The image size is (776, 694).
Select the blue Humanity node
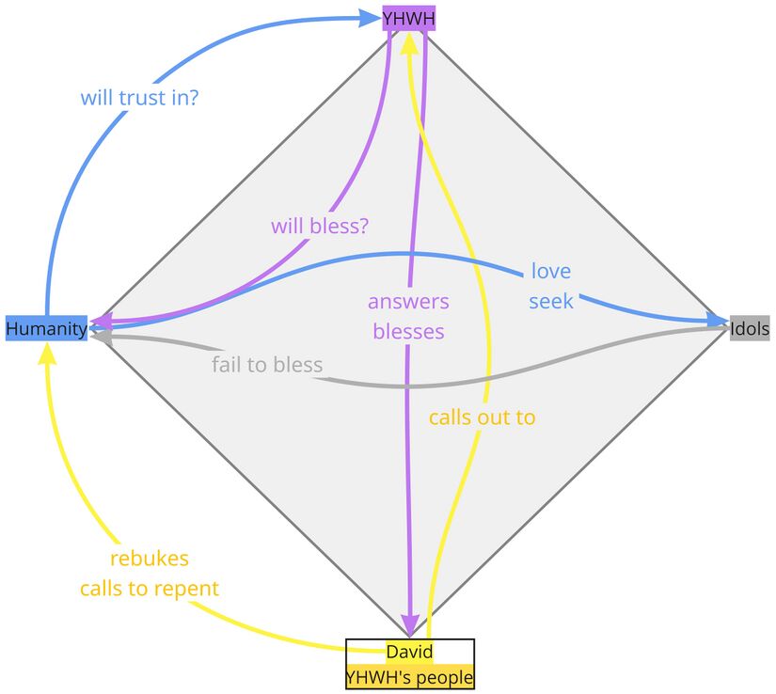point(46,328)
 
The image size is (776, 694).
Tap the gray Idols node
point(750,328)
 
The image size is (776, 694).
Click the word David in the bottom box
point(409,651)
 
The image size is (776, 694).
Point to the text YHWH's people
point(409,677)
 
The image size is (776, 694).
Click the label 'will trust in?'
point(139,96)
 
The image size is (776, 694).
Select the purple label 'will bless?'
point(319,226)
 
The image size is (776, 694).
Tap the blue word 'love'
point(550,272)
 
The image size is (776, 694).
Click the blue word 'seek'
point(550,302)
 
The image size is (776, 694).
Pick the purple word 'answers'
point(408,302)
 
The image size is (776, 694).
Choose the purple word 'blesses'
point(408,331)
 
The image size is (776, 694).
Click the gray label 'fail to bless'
point(267,365)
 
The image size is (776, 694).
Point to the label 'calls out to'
point(482,417)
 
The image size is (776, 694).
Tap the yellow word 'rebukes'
point(150,559)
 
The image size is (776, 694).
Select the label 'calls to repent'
point(150,589)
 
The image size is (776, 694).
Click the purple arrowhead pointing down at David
point(410,625)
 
